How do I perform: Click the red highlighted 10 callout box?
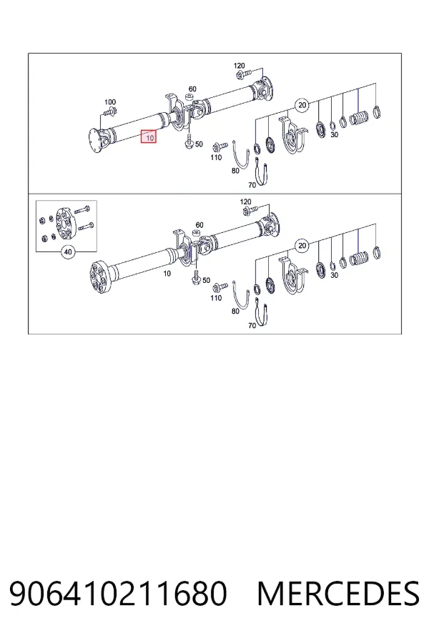(x=149, y=137)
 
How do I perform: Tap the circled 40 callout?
(x=68, y=251)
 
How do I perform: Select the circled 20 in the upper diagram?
(x=302, y=105)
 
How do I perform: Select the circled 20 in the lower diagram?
(x=302, y=246)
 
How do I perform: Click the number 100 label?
(x=110, y=101)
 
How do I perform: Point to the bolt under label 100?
(x=110, y=111)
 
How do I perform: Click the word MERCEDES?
(x=338, y=594)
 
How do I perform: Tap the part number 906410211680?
(x=118, y=594)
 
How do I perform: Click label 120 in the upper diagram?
(x=239, y=66)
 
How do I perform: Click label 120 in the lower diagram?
(x=245, y=201)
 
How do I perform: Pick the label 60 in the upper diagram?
(x=192, y=89)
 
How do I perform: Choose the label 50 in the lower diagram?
(x=206, y=281)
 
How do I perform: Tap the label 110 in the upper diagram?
(x=216, y=157)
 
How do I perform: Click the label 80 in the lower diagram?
(x=235, y=311)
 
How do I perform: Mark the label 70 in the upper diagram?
(x=252, y=185)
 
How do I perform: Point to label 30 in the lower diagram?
(x=334, y=275)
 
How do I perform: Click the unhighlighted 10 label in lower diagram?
(x=167, y=274)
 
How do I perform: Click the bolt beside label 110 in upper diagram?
(x=220, y=146)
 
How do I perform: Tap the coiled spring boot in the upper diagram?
(x=359, y=119)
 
